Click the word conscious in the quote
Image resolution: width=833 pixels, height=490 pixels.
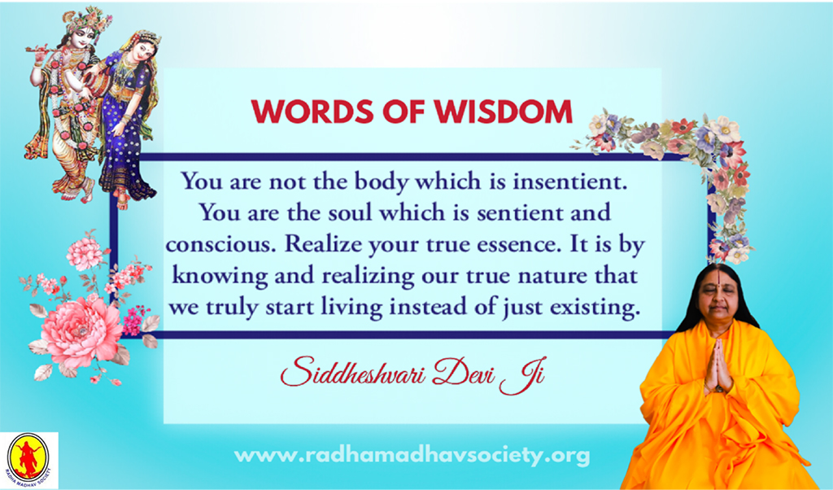pos(222,244)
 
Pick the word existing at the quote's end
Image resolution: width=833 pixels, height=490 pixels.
pos(594,308)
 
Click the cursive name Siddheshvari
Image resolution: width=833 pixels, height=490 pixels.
pos(353,371)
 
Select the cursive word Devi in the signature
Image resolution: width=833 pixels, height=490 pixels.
pos(463,371)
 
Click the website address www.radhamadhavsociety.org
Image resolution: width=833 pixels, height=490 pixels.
pos(412,456)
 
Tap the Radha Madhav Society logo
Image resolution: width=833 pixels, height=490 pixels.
pos(28,458)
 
